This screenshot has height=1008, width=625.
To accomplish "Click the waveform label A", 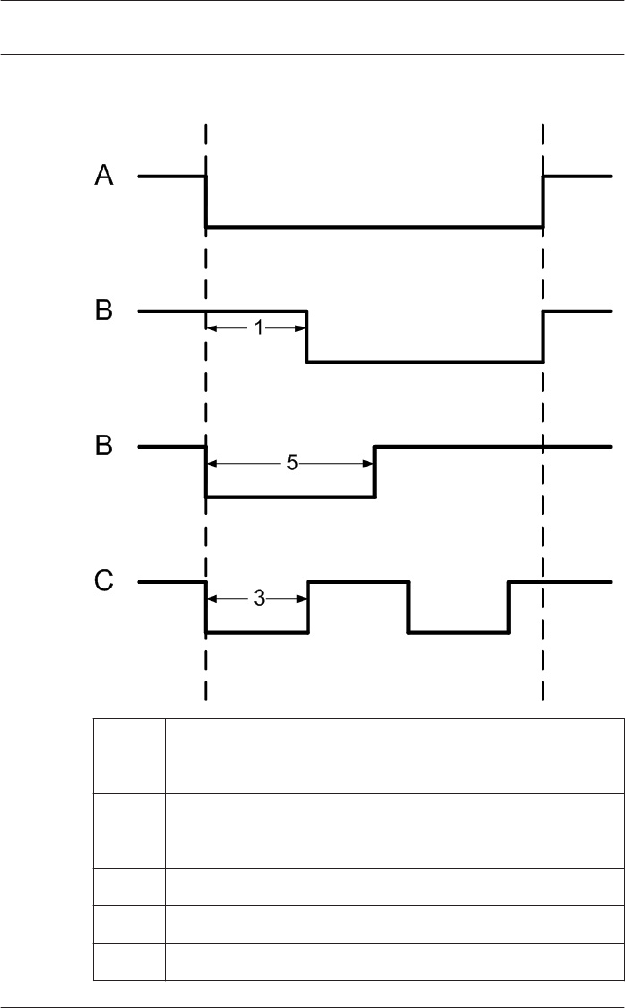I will tap(104, 176).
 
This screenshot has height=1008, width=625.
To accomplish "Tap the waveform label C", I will tap(104, 581).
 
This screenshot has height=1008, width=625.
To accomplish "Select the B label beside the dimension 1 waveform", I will tap(104, 310).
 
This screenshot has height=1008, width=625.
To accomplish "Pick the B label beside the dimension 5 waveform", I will tap(104, 445).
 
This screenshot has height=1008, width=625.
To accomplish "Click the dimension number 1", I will tap(258, 328).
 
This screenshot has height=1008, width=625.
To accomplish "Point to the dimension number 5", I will tap(292, 463).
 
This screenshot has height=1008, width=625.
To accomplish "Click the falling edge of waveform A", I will tap(206, 201).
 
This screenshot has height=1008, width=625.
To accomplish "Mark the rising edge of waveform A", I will tap(542, 201).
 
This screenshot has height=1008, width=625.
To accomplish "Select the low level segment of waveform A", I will tap(374, 227).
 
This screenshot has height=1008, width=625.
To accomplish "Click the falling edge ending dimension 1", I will tap(307, 337).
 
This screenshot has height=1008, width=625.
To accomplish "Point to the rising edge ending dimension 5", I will tap(375, 472).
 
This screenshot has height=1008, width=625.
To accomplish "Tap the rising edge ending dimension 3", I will tap(308, 607).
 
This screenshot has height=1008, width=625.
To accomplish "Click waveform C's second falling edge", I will tap(409, 607).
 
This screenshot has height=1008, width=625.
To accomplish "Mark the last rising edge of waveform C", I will tap(509, 607).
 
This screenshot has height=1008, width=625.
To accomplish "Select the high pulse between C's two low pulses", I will tap(358, 581).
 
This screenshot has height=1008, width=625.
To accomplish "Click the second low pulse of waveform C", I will tap(459, 632).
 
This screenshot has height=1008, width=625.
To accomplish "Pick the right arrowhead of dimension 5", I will tap(367, 463).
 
